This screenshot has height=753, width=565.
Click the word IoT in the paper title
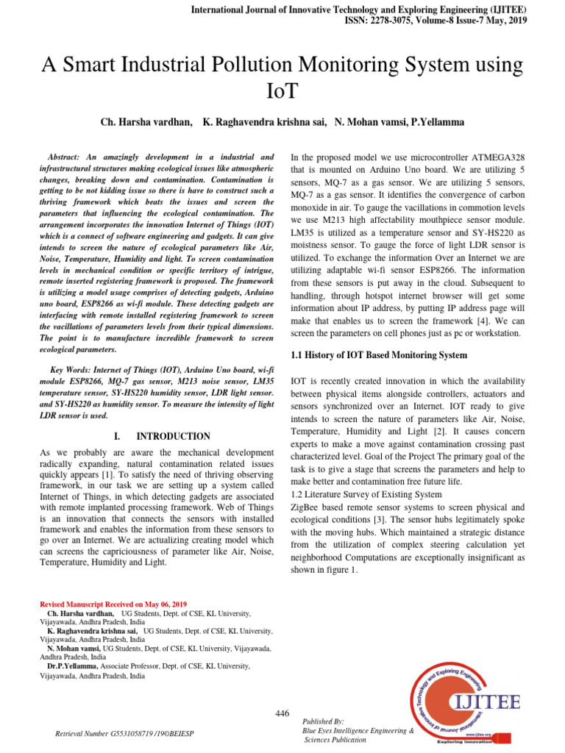point(282,91)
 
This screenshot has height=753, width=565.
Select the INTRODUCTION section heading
point(173,436)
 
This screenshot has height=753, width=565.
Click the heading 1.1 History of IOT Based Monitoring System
point(379,355)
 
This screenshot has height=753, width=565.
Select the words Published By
point(323,722)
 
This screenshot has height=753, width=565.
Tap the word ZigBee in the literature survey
point(308,507)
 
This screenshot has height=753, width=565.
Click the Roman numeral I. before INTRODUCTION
point(117,436)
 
